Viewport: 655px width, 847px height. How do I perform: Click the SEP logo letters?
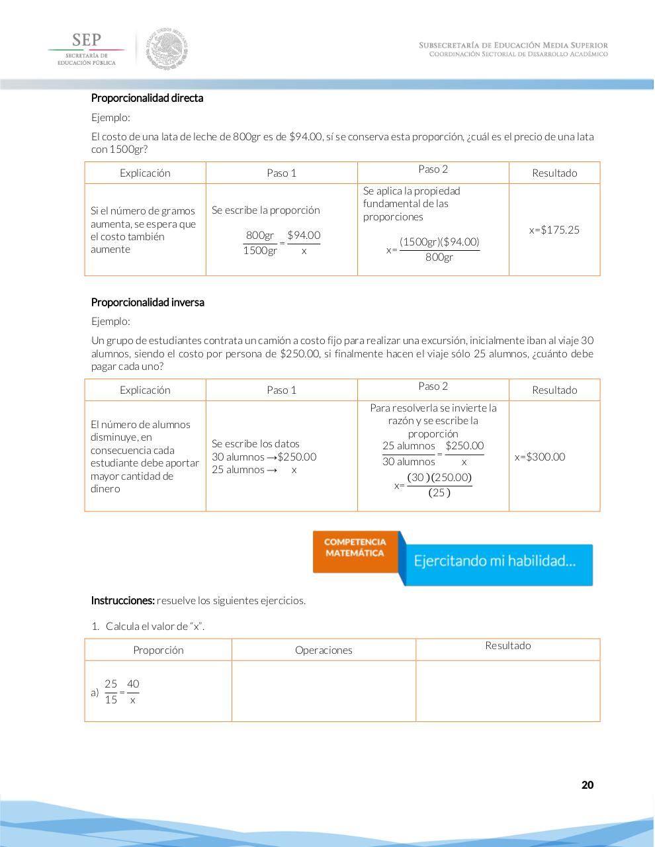click(87, 40)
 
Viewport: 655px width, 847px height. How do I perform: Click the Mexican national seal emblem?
click(167, 48)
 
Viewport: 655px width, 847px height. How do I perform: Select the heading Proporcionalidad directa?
click(147, 98)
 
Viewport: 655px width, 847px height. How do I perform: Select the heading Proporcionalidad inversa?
click(148, 302)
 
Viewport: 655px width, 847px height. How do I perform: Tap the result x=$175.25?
click(554, 230)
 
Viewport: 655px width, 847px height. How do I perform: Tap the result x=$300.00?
click(540, 457)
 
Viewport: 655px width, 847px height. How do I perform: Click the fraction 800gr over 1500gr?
click(260, 243)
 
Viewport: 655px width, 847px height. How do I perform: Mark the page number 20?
click(587, 785)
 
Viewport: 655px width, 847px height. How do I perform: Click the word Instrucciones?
click(122, 601)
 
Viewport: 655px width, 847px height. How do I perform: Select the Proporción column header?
click(158, 650)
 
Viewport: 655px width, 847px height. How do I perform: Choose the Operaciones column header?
click(324, 650)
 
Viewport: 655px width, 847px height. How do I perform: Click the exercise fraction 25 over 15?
click(110, 691)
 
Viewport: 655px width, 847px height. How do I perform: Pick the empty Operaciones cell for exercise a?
click(324, 691)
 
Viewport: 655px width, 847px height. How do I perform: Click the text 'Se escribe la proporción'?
click(265, 210)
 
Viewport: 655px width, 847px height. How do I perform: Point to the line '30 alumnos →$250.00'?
click(264, 457)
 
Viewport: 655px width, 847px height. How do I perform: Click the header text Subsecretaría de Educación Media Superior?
click(513, 45)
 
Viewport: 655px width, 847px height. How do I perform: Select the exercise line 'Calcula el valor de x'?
click(155, 626)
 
